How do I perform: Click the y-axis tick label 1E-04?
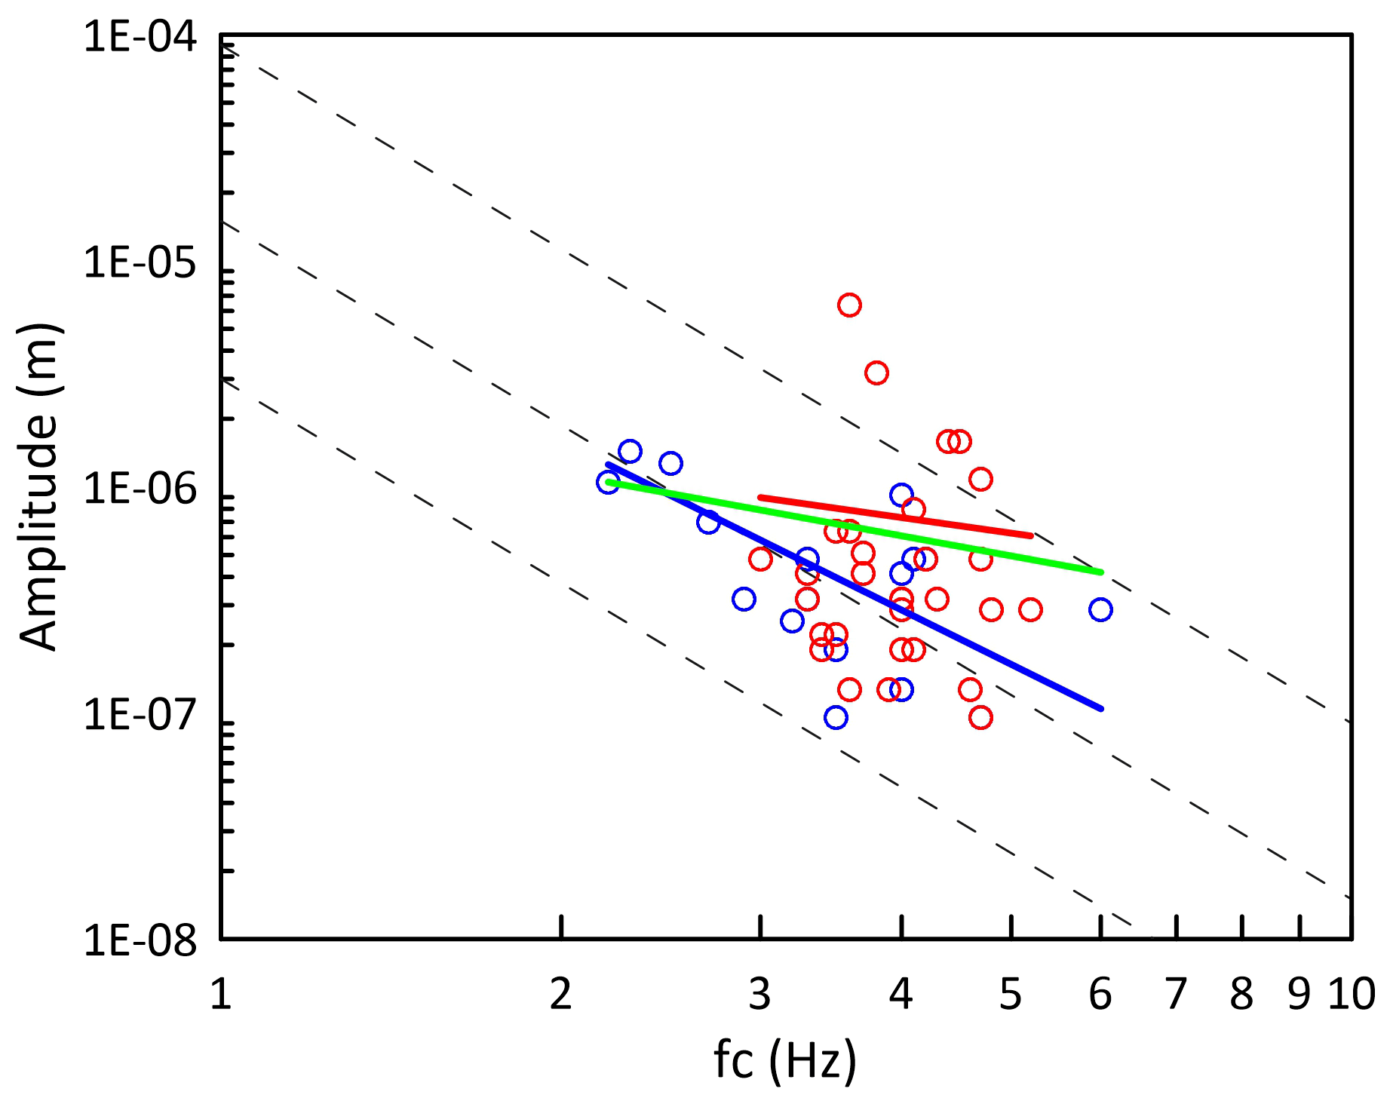(140, 37)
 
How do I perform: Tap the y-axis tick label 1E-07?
(140, 714)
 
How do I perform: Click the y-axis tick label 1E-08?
(140, 940)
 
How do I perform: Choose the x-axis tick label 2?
(561, 995)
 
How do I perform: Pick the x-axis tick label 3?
(760, 995)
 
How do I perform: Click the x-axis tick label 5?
(1011, 995)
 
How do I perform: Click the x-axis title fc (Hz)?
(785, 1060)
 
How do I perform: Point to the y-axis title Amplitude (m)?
(39, 487)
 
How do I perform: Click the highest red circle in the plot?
(849, 305)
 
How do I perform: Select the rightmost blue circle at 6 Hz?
(1100, 609)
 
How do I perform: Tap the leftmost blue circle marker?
(608, 482)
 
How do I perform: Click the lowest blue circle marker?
(836, 717)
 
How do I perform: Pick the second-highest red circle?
(876, 373)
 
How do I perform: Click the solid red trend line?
(895, 517)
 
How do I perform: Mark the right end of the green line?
(1100, 572)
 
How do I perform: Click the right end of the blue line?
(1100, 708)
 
